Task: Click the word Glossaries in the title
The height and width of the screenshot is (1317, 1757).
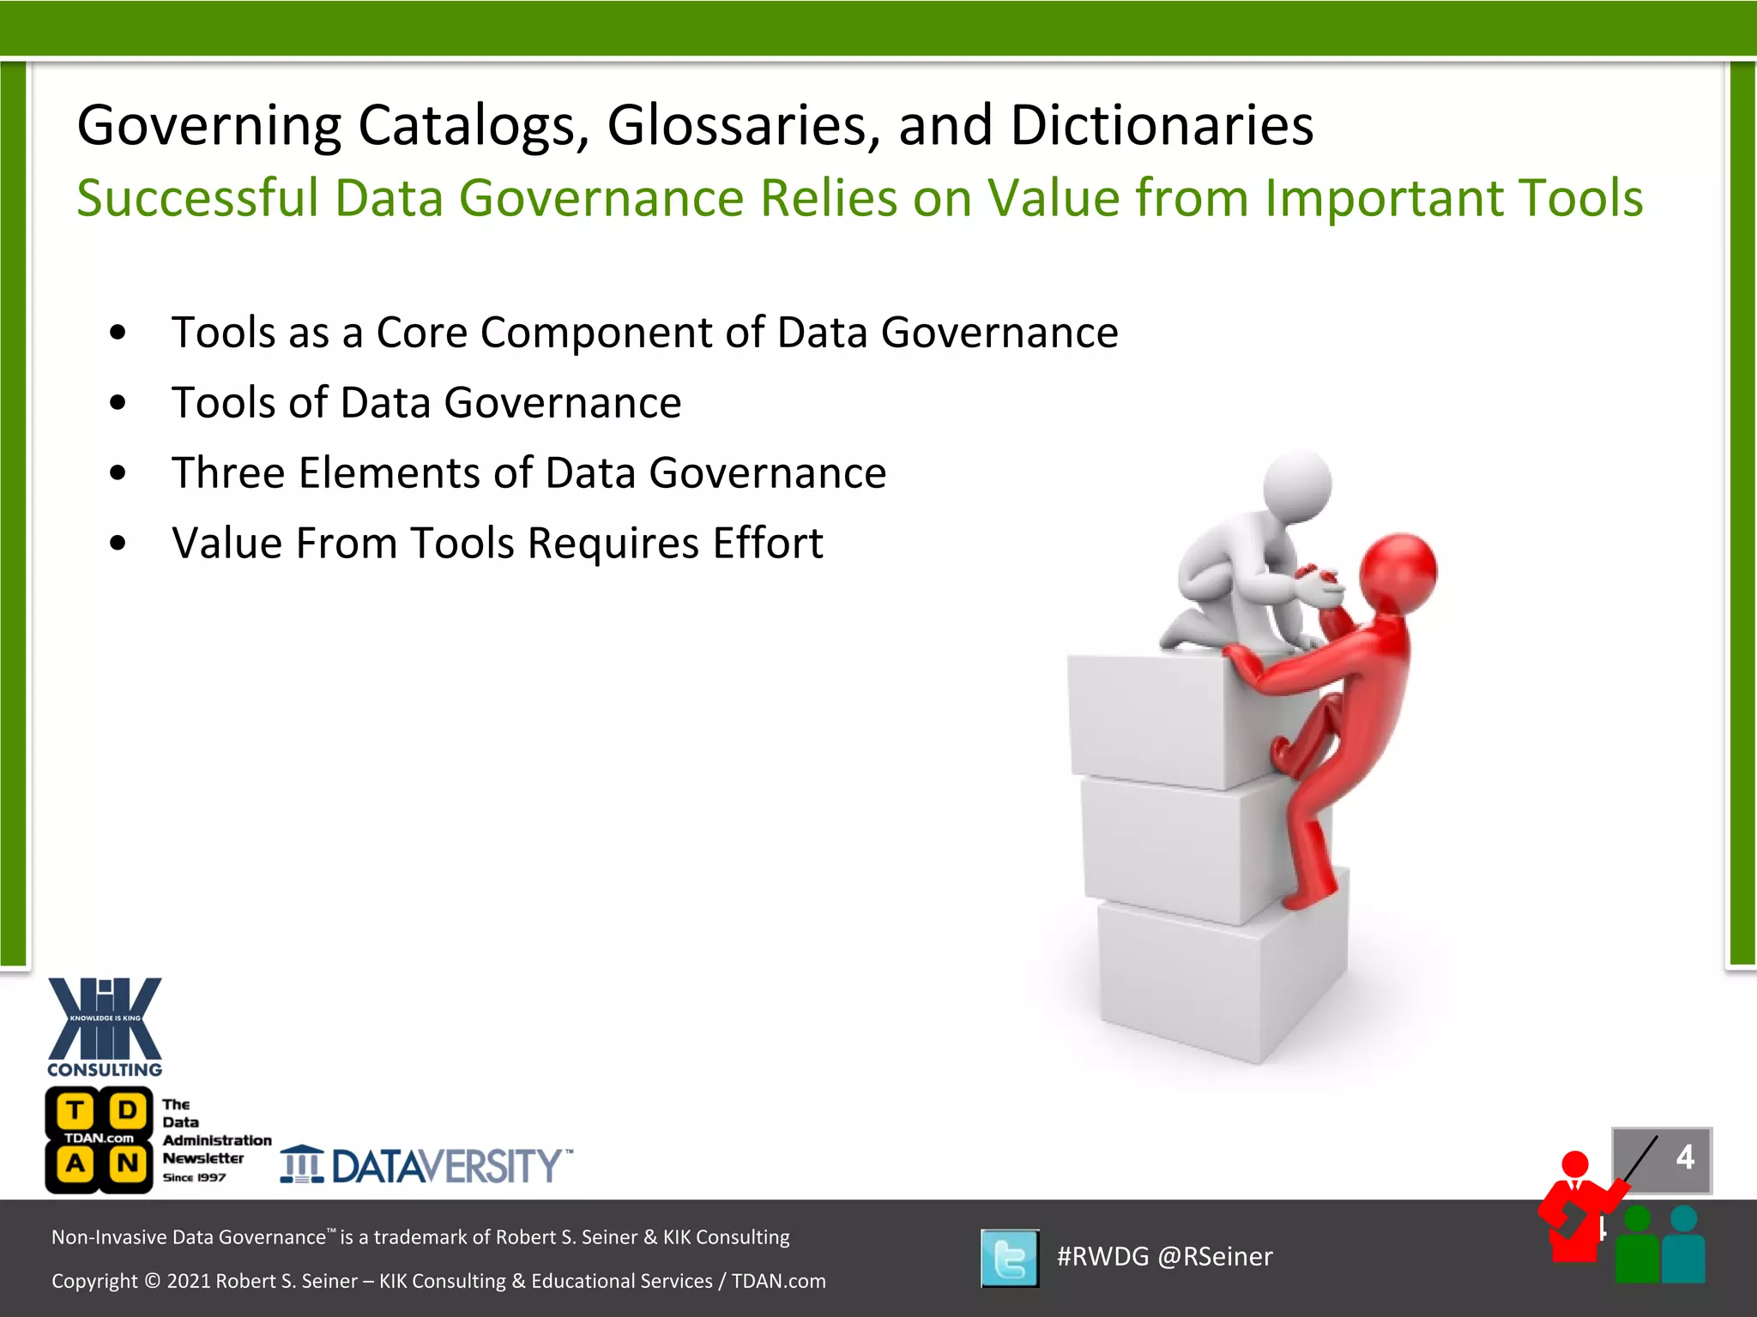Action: tap(743, 125)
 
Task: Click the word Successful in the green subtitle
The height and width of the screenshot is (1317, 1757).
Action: tap(197, 198)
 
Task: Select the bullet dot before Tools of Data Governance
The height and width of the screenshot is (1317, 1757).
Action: tap(118, 402)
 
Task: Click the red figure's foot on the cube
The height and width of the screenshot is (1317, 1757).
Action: tap(1308, 896)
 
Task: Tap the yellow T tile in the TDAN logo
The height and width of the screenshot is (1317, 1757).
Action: tap(75, 1111)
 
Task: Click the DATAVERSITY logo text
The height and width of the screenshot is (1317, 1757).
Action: tap(446, 1166)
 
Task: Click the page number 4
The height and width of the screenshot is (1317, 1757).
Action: tap(1684, 1158)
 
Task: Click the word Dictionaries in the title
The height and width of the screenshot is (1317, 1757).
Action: tap(1162, 125)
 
